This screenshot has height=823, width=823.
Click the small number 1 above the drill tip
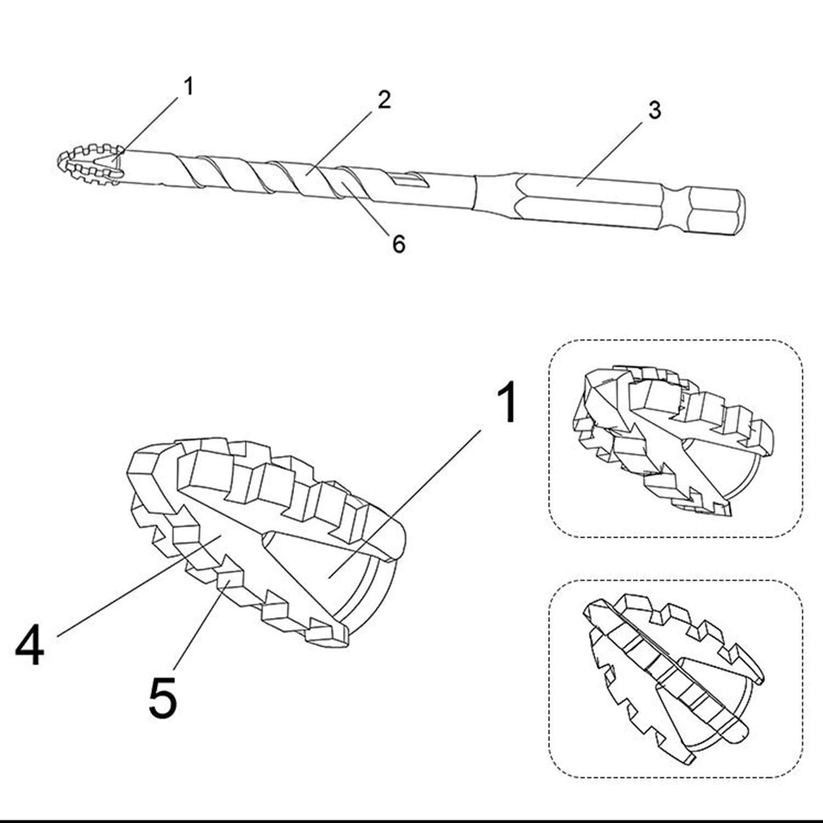189,86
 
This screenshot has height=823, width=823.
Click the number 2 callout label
384,99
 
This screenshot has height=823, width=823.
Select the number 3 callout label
654,110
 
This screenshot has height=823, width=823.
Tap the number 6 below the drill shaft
399,244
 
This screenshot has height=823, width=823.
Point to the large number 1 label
508,403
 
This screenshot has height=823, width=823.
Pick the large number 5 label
163,698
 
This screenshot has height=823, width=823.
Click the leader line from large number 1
405,504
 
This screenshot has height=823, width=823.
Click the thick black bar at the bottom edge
411,820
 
